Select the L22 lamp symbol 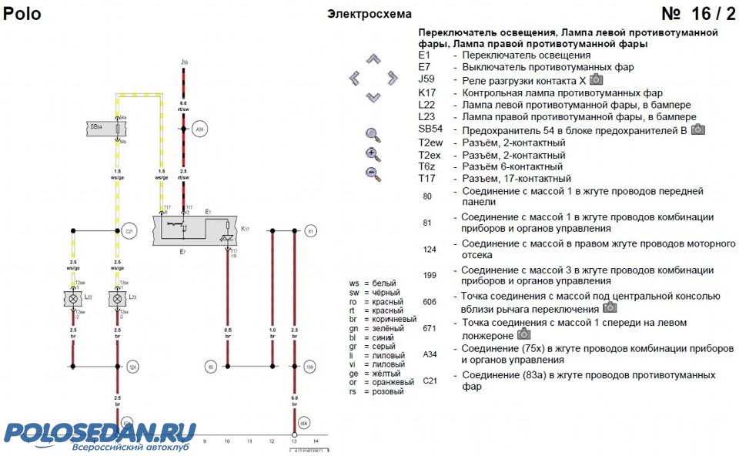point(74,297)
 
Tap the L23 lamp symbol point(117,297)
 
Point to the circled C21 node point(129,230)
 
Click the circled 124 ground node point(132,366)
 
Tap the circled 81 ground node point(310,230)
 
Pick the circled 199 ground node point(310,366)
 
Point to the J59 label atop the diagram point(184,61)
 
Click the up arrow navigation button point(373,59)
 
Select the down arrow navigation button point(373,97)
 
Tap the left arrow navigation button point(354,78)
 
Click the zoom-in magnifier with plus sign point(373,154)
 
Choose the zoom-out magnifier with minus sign point(373,173)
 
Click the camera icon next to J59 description point(597,79)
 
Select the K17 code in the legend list point(427,92)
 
